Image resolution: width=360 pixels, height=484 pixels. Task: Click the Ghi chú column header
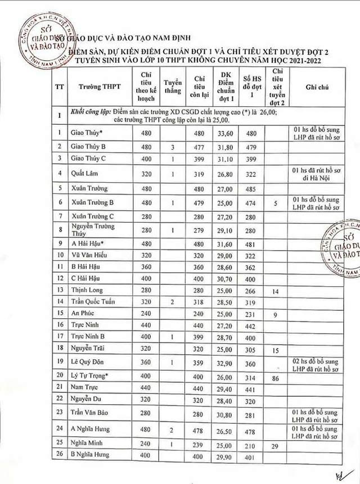(317, 88)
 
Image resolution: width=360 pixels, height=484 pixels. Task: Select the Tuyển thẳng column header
(173, 87)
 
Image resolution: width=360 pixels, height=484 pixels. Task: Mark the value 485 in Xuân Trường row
(250, 189)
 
